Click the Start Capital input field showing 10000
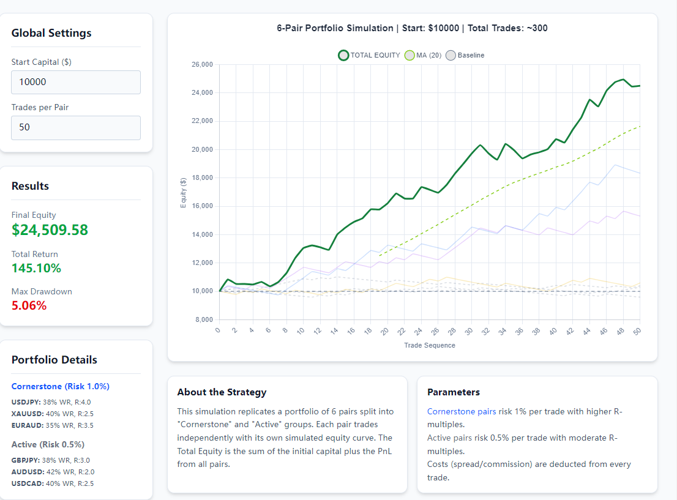[x=76, y=82]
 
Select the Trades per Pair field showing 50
[x=76, y=127]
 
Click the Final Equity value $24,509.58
[x=50, y=230]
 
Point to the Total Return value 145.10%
[x=36, y=268]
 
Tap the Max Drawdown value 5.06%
[x=29, y=305]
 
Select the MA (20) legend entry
[x=423, y=55]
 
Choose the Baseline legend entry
[x=465, y=55]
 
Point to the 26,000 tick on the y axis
[x=202, y=64]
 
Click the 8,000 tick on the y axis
[x=204, y=319]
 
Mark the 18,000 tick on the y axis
[x=202, y=177]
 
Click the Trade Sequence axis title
[x=429, y=345]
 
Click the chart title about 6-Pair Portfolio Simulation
[x=412, y=28]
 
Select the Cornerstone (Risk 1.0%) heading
[x=60, y=386]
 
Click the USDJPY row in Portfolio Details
[x=51, y=402]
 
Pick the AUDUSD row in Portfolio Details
[x=53, y=472]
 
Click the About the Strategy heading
[x=222, y=392]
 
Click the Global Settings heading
[x=51, y=33]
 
